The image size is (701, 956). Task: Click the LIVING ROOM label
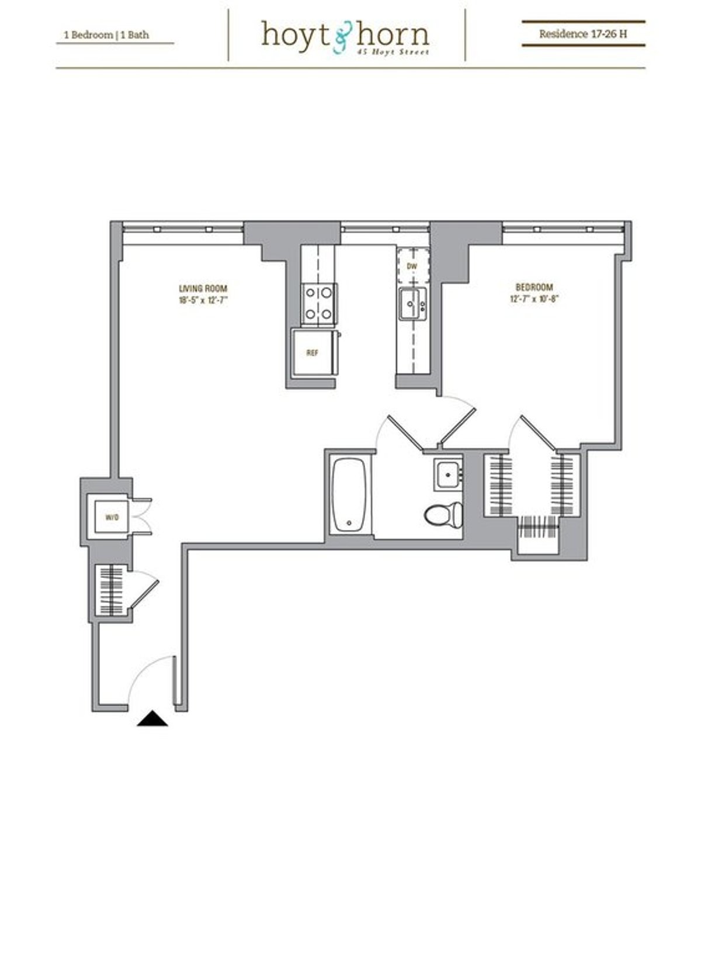(x=203, y=289)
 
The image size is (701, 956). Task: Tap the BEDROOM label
(x=534, y=288)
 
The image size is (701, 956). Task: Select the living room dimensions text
(x=203, y=300)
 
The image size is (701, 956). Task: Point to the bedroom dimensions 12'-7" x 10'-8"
(x=534, y=299)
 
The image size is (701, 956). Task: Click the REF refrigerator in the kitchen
(x=313, y=353)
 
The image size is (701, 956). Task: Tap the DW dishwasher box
(x=413, y=266)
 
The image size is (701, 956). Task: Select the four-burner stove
(x=319, y=304)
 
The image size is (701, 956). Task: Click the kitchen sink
(x=412, y=304)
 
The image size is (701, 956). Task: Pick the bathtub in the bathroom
(x=349, y=496)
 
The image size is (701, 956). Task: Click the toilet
(x=444, y=513)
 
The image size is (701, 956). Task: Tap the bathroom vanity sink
(x=448, y=474)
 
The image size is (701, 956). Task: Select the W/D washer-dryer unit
(x=111, y=517)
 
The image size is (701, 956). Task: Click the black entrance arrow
(x=152, y=718)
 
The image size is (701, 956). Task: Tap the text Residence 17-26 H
(x=583, y=34)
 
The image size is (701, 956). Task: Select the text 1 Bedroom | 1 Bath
(x=106, y=35)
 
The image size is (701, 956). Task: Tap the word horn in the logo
(x=393, y=35)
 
